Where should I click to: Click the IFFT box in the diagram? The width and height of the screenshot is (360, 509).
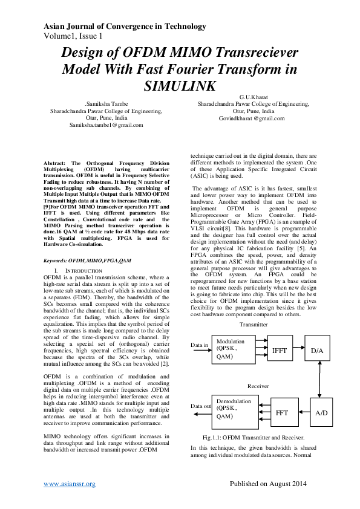pyautogui.click(x=280, y=350)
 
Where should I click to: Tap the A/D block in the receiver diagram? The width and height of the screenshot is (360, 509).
pyautogui.click(x=322, y=413)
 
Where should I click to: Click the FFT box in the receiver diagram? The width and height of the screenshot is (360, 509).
pyautogui.click(x=282, y=413)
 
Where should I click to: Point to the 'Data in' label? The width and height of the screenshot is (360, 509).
pyautogui.click(x=200, y=346)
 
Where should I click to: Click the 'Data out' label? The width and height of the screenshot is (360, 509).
pyautogui.click(x=202, y=406)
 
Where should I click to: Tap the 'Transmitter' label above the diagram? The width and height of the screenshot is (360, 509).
pyautogui.click(x=254, y=324)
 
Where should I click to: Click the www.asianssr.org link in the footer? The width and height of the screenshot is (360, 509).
pyautogui.click(x=70, y=484)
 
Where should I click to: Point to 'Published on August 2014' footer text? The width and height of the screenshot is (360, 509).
pyautogui.click(x=269, y=484)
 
